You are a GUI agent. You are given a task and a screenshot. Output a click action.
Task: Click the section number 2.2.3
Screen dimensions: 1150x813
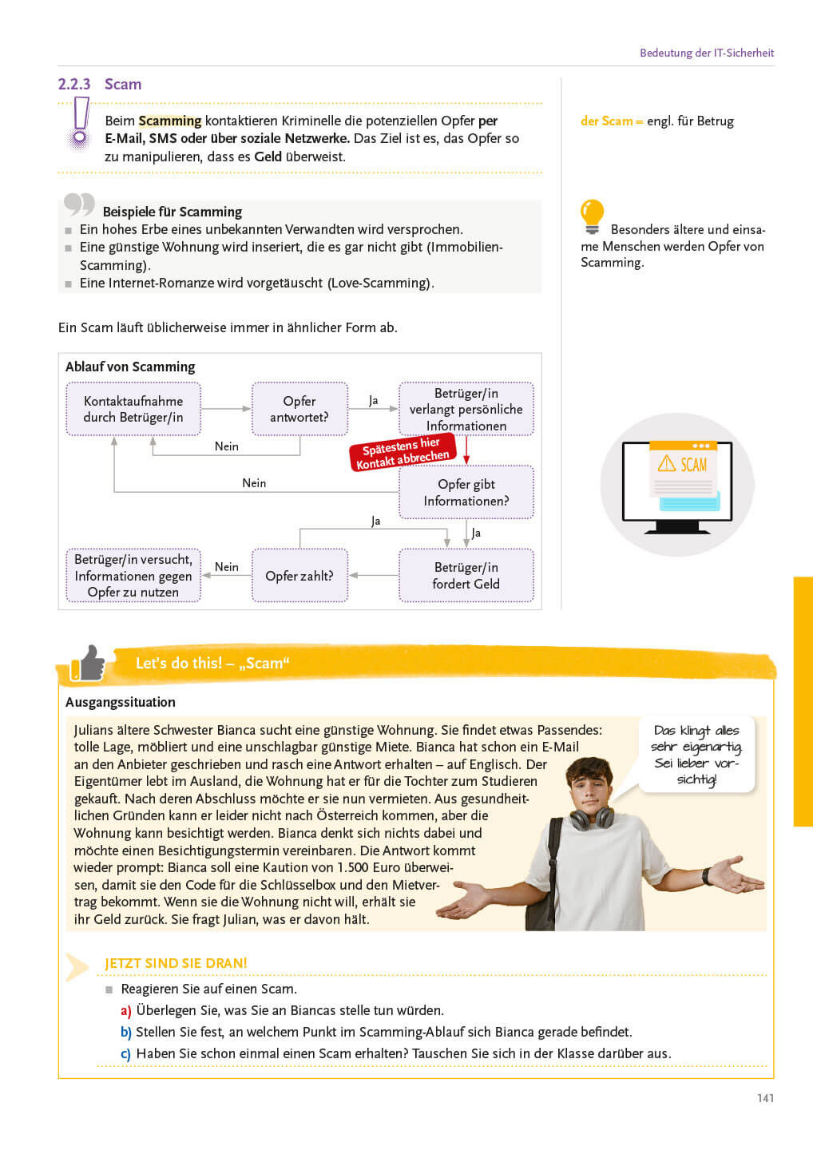pos(73,84)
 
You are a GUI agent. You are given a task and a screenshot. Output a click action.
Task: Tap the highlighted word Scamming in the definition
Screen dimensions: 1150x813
pos(169,121)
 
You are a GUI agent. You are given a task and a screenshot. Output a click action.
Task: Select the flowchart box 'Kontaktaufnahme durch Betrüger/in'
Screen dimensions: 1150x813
pos(133,409)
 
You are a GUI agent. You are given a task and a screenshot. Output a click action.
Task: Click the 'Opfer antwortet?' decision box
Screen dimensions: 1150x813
pos(299,409)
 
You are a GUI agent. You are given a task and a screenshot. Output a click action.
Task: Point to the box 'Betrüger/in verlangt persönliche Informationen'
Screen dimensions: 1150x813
pos(466,409)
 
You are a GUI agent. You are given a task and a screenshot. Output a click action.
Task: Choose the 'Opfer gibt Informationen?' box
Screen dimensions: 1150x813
pos(466,492)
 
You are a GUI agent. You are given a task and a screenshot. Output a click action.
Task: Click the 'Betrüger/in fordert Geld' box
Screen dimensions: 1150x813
pos(466,575)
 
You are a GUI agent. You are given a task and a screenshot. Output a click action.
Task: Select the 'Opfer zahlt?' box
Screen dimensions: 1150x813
pos(299,575)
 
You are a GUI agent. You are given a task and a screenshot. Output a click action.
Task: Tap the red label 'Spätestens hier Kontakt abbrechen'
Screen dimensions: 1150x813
pos(403,453)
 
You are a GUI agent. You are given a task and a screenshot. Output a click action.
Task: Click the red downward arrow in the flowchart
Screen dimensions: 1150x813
pos(466,450)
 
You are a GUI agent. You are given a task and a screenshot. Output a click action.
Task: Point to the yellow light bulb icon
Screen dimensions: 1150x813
pos(592,216)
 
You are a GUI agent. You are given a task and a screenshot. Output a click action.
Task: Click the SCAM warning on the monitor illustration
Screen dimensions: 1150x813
pos(684,464)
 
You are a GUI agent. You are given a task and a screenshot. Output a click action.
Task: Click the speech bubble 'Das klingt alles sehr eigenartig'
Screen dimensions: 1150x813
pos(696,753)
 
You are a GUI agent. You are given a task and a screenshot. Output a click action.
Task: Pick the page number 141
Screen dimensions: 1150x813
pos(765,1098)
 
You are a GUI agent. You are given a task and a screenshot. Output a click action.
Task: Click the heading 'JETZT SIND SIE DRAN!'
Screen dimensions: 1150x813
pos(176,963)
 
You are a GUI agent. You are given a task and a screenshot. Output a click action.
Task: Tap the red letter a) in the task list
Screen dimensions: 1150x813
pos(126,1011)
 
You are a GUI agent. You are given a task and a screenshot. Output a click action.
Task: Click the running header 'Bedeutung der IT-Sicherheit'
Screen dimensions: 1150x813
pos(706,53)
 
